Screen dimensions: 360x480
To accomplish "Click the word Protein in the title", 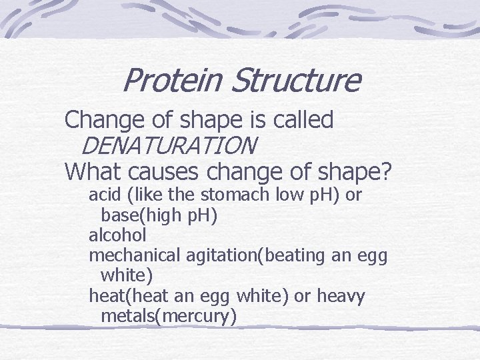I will (x=173, y=81).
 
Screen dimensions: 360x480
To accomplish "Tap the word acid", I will (x=103, y=195).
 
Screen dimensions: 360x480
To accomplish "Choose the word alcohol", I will (x=117, y=235).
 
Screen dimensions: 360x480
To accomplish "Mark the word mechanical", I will (x=134, y=255).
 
